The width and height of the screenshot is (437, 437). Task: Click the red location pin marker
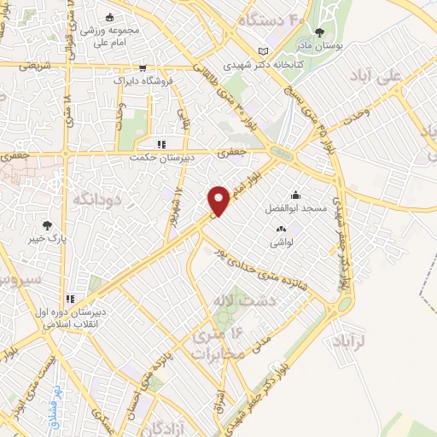point(219,201)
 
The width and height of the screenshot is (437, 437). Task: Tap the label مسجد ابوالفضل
point(296,207)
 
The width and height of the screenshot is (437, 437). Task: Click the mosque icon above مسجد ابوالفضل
point(296,195)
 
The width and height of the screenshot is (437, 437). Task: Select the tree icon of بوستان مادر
point(320,32)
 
